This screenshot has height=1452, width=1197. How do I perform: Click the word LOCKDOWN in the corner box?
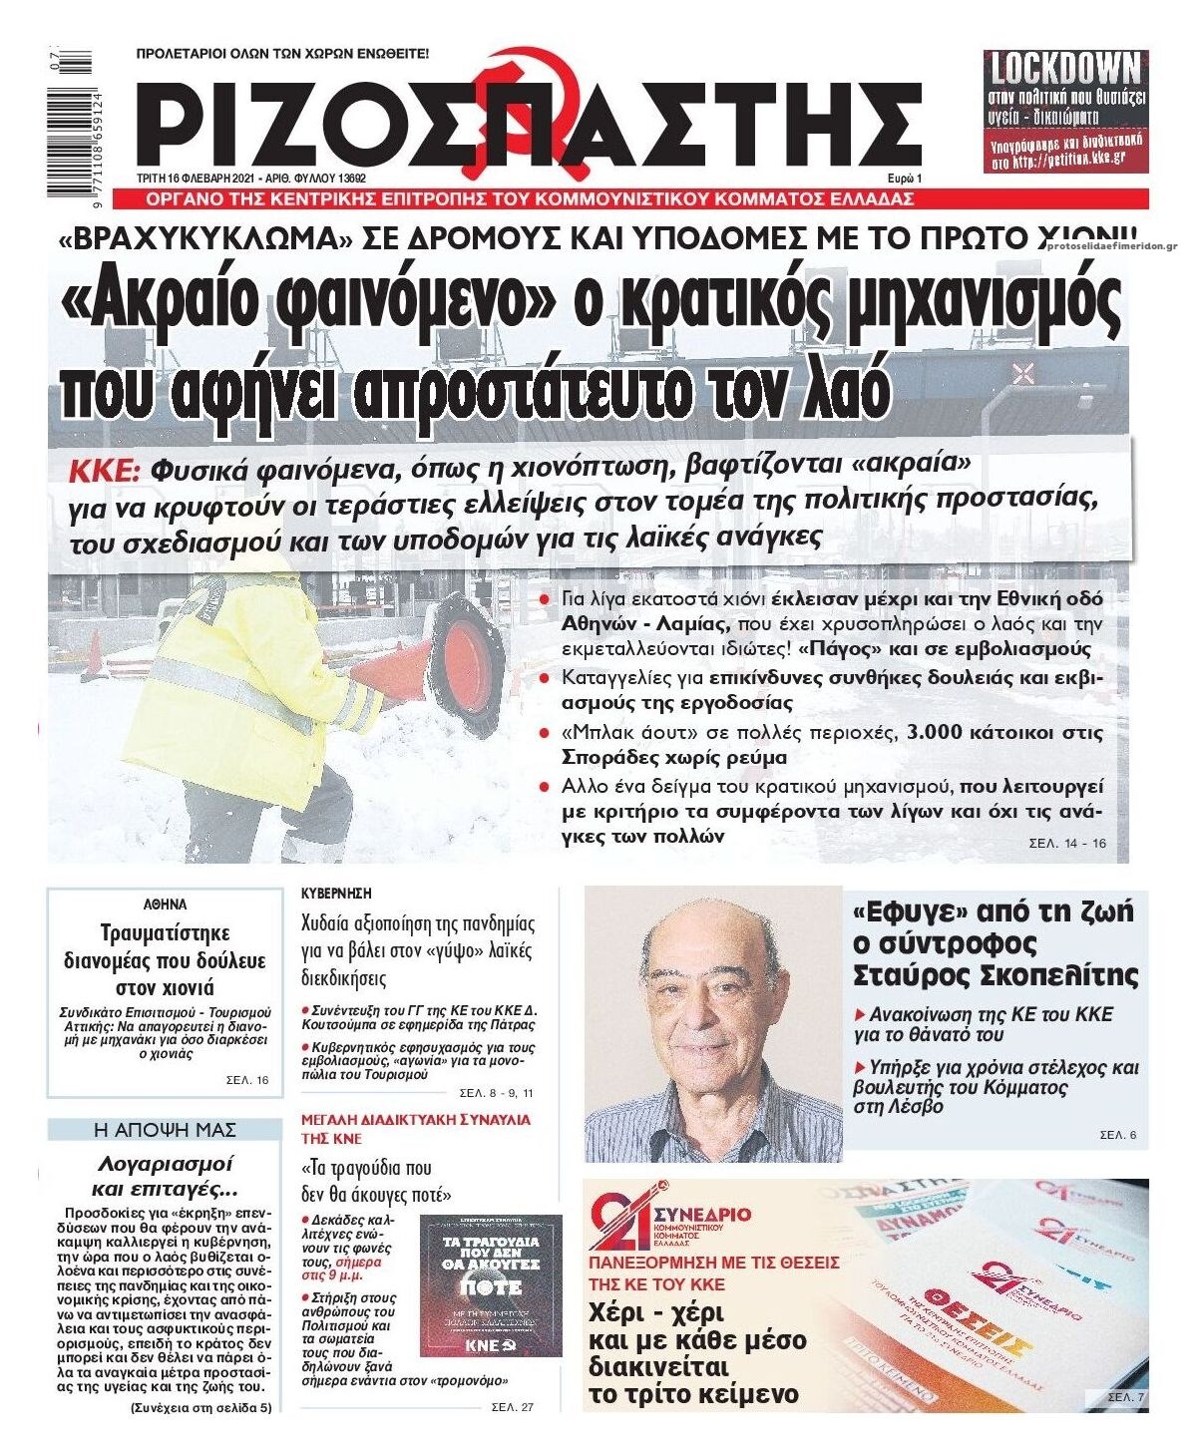tap(1065, 70)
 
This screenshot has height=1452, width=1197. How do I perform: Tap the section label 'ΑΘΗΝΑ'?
tap(165, 906)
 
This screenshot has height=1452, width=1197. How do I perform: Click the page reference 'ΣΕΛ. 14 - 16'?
tap(1067, 844)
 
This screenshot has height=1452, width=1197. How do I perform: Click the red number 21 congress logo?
tap(620, 1221)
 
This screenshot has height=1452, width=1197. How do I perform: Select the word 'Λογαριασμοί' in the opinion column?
tap(165, 1163)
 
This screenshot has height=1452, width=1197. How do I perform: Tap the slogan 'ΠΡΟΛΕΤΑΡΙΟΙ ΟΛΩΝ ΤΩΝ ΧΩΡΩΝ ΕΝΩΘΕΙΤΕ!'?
tap(281, 56)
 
